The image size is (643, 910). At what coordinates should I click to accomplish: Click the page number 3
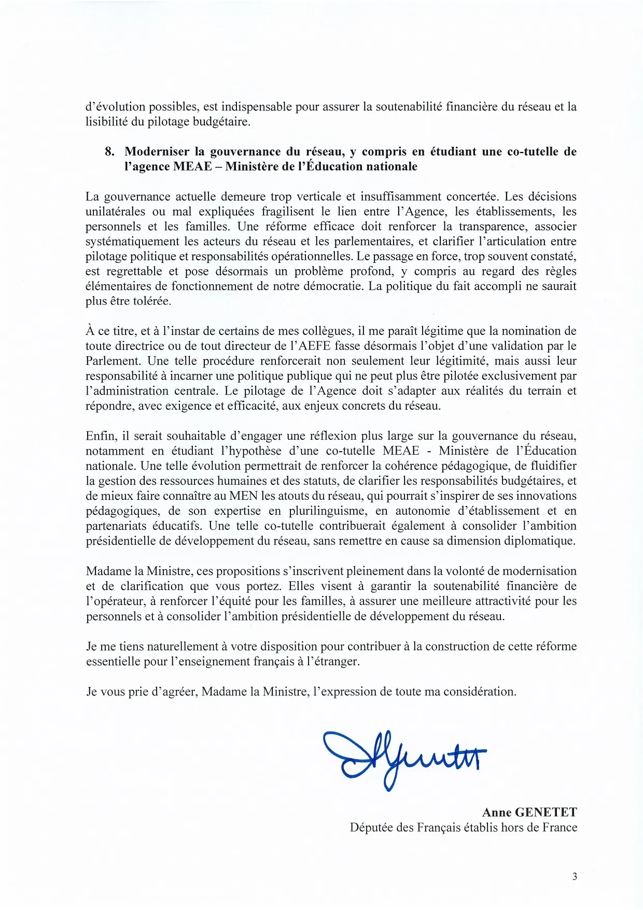click(574, 877)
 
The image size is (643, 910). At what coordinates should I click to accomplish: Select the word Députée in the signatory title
click(371, 827)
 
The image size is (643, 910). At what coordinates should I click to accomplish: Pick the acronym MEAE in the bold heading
click(192, 166)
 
